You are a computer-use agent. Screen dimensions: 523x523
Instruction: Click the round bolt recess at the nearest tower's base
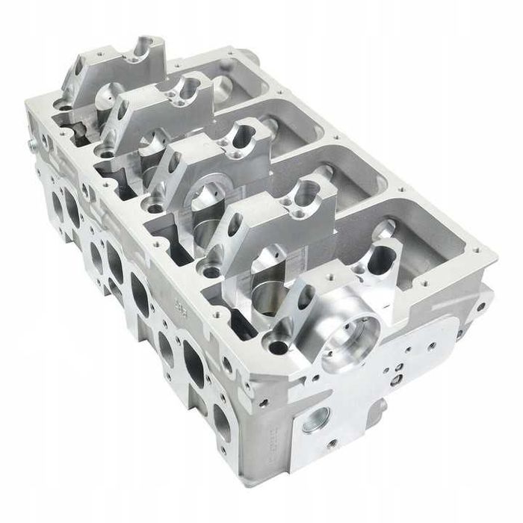[x=278, y=347]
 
